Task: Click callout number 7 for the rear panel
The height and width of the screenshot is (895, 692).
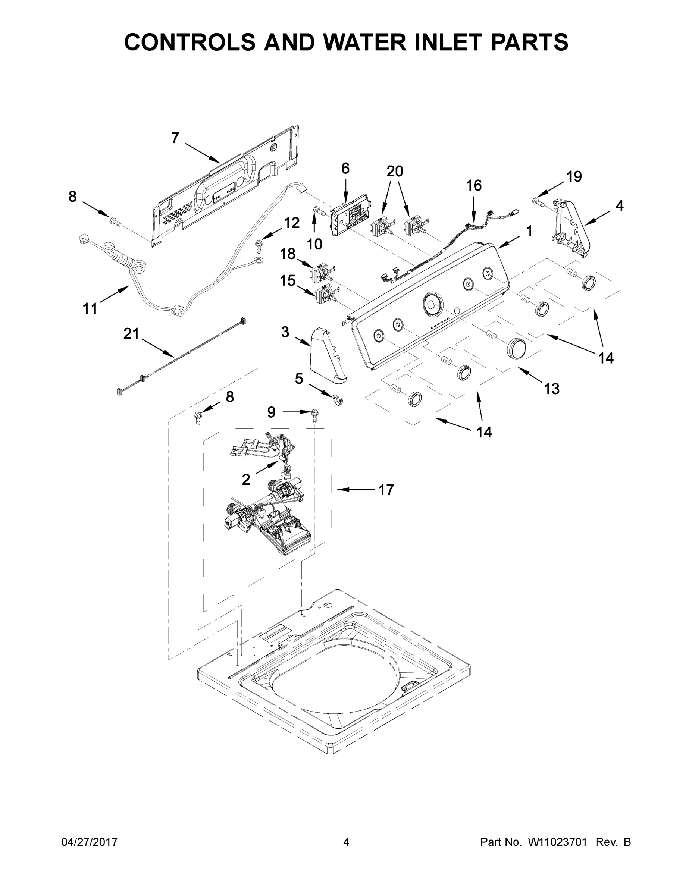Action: click(175, 138)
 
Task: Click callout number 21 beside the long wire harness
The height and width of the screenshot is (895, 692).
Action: click(131, 334)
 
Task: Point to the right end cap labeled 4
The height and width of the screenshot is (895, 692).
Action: click(572, 229)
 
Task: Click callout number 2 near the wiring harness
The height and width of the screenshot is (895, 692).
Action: click(245, 479)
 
